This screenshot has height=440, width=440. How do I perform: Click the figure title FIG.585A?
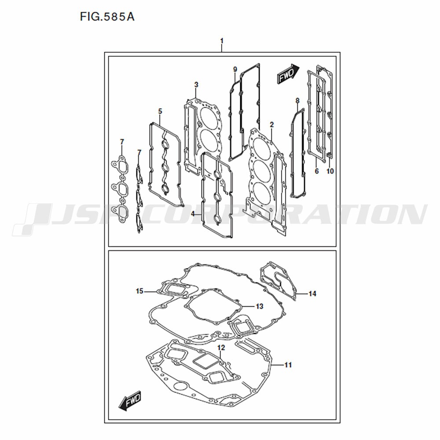(107, 17)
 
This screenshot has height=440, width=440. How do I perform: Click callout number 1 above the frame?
(222, 41)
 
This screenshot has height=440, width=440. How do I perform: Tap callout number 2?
(271, 125)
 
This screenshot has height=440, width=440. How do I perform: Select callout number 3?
(196, 84)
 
